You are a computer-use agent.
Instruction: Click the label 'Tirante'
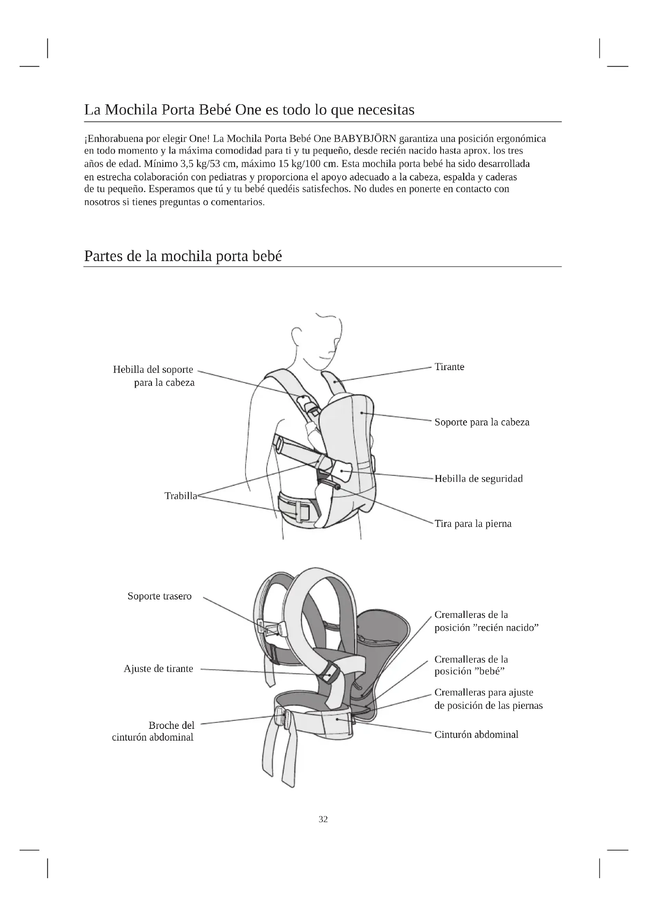(449, 367)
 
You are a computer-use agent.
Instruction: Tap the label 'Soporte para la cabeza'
(481, 422)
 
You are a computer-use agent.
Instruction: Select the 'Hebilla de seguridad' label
(478, 478)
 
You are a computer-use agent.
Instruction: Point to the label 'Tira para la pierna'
(473, 524)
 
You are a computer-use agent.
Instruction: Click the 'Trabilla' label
(181, 496)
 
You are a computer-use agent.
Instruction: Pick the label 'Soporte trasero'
(159, 596)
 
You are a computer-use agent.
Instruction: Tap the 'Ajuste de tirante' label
(158, 668)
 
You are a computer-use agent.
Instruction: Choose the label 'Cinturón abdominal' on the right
(476, 734)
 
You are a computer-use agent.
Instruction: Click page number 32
(323, 819)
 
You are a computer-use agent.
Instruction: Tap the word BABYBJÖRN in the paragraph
(365, 138)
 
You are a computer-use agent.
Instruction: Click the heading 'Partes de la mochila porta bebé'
(183, 256)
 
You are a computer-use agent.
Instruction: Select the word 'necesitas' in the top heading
(386, 109)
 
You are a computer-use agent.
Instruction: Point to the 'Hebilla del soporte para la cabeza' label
(154, 376)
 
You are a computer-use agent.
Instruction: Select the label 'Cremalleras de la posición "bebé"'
(471, 665)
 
